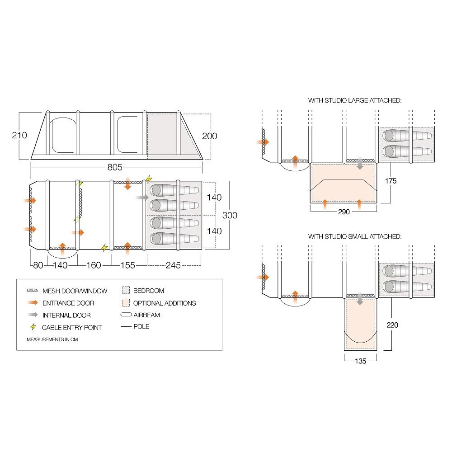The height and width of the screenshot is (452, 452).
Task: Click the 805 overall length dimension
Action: point(115,168)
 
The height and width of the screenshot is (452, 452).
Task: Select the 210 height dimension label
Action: point(19,135)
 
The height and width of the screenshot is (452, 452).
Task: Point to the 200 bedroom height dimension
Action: point(210,136)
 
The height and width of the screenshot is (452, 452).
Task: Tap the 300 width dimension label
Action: point(230,215)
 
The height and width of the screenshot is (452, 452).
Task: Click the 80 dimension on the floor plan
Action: point(38,265)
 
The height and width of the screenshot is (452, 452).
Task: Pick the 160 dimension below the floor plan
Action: point(94,265)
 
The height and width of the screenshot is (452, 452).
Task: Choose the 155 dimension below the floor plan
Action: point(128,265)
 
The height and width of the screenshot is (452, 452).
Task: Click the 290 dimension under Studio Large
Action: point(344,212)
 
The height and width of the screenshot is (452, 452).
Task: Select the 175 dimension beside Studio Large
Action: point(391,181)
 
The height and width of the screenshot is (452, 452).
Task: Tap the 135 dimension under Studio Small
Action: point(360,361)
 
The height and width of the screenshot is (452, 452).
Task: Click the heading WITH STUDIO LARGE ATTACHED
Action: point(355,100)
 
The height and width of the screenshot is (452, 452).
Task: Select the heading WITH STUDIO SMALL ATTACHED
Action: point(355,236)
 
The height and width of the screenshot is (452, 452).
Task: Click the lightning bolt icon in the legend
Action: point(33,327)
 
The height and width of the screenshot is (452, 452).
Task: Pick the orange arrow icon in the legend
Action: point(33,303)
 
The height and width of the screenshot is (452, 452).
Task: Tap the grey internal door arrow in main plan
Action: point(141,198)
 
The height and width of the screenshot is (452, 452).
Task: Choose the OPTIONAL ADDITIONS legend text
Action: point(165,303)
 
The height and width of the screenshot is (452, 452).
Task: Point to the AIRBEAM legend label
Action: point(146,315)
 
